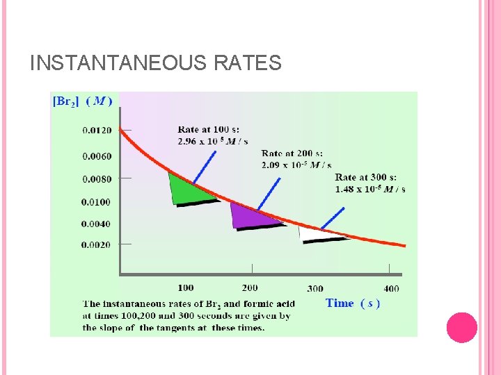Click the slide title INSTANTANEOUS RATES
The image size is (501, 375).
[156, 64]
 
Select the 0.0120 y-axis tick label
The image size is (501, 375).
[96, 130]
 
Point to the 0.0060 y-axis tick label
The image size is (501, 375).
[96, 156]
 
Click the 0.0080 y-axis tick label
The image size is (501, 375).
[96, 179]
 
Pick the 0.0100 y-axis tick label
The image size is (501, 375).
[96, 202]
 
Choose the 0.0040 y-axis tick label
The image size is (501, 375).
[96, 224]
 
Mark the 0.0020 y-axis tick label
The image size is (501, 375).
[96, 244]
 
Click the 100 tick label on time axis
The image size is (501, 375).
[186, 287]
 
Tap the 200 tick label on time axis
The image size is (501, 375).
[250, 287]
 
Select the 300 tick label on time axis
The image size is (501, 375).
[315, 289]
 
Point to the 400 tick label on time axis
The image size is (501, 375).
[391, 289]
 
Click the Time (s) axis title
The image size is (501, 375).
[352, 303]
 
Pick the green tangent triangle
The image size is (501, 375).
[184, 191]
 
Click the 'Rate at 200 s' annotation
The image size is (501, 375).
[292, 159]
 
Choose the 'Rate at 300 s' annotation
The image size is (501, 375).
[370, 183]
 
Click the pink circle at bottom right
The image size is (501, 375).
[461, 327]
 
